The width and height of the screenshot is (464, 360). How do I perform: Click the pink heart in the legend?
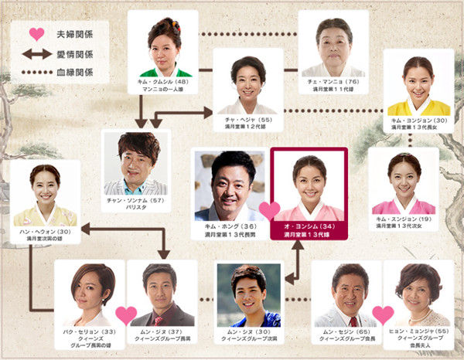pyautogui.click(x=36, y=34)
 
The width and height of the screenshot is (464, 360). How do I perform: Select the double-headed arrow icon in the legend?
pyautogui.click(x=36, y=53)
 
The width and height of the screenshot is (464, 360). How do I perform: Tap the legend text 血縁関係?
pyautogui.click(x=74, y=72)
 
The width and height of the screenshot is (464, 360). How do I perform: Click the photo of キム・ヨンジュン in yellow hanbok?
pyautogui.click(x=418, y=85)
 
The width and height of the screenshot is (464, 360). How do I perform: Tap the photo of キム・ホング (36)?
pyautogui.click(x=230, y=185)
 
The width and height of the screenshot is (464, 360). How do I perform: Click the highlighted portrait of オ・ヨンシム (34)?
pyautogui.click(x=309, y=185)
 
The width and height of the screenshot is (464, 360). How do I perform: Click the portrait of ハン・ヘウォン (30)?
pyautogui.click(x=45, y=195)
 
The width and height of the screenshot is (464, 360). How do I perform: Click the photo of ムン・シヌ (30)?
pyautogui.click(x=248, y=296)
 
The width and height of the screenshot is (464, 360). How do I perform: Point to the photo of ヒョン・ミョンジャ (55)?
pyautogui.click(x=418, y=294)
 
